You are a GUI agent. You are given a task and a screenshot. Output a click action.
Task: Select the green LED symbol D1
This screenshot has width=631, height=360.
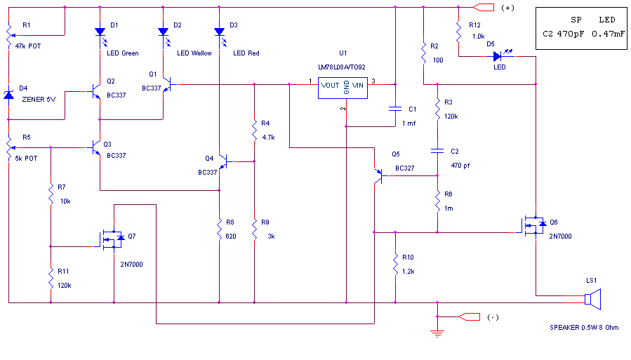point(100,32)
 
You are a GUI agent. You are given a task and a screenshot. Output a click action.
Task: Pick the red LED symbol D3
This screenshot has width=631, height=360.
point(219,32)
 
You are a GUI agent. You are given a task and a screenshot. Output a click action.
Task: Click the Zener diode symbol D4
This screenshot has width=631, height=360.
point(8,93)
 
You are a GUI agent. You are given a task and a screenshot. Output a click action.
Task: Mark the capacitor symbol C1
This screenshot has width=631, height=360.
point(395,108)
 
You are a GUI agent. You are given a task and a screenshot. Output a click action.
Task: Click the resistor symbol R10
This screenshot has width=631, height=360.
point(395,265)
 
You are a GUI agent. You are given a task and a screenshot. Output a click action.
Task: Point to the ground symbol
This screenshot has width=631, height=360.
point(438,332)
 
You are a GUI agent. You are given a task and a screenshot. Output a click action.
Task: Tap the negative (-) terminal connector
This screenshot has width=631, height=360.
point(468,316)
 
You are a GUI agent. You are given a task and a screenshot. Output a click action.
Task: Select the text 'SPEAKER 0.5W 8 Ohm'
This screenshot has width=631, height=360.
point(585,328)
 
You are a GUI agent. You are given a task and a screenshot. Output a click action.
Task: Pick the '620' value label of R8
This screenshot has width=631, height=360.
point(230,236)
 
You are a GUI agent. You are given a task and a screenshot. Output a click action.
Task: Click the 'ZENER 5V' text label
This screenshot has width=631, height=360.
point(39,99)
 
